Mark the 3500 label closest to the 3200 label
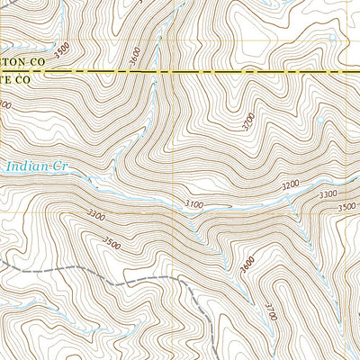(x=346, y=206)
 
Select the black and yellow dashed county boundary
(x=225, y=70)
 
